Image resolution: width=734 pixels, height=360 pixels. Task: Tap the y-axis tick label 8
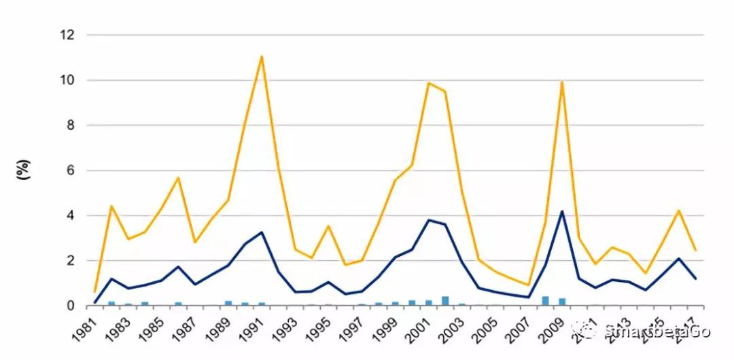tap(70, 125)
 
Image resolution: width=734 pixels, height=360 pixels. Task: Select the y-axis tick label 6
tap(70, 170)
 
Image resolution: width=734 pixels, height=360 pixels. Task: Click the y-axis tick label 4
tap(70, 215)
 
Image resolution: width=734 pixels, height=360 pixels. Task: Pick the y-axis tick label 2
tap(70, 261)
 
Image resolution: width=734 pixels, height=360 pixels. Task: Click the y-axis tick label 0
tap(70, 306)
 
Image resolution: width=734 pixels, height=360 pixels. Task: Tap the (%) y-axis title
tap(22, 170)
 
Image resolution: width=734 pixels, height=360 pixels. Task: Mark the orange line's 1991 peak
tap(262, 56)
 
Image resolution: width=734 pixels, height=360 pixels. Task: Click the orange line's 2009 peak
tap(562, 82)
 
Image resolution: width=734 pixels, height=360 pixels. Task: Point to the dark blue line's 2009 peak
tap(562, 211)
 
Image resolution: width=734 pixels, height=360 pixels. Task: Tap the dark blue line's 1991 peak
tap(262, 232)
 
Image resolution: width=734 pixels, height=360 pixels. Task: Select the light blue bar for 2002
tap(445, 301)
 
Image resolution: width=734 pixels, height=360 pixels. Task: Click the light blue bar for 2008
tap(545, 301)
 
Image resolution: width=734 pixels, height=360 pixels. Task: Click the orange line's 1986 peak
tap(178, 178)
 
